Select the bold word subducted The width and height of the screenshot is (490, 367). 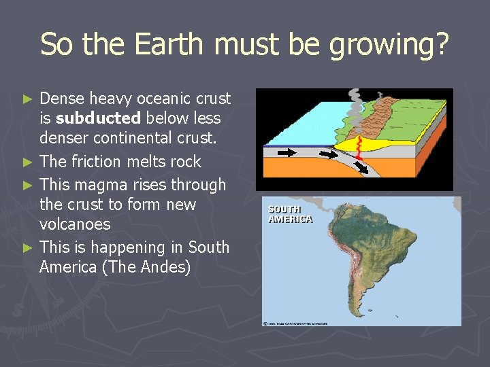pos(99,118)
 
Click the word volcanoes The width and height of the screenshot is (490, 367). pos(75,224)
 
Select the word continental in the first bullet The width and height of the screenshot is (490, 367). pos(129,138)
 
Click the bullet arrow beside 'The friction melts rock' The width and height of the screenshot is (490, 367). pos(27,162)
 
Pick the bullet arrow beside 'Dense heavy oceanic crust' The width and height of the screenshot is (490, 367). pos(27,99)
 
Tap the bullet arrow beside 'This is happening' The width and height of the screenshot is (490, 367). pos(27,248)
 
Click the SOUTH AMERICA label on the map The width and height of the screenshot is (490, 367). pos(290,214)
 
